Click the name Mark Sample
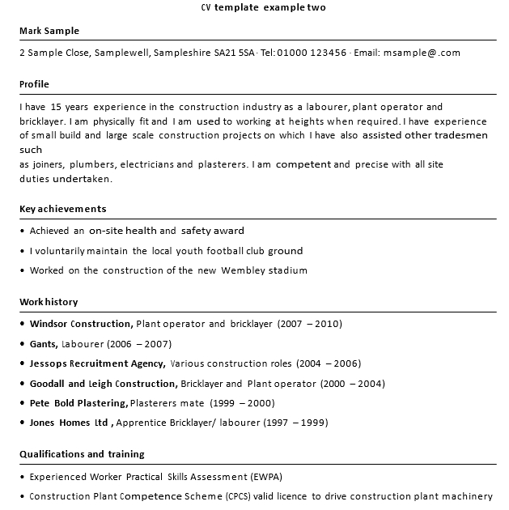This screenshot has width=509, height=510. click(x=49, y=32)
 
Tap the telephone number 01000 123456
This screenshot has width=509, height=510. click(x=311, y=53)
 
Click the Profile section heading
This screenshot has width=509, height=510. click(x=34, y=84)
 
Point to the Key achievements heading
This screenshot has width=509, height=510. click(x=62, y=209)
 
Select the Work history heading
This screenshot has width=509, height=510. click(x=49, y=302)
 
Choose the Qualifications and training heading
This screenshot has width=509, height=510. click(x=82, y=454)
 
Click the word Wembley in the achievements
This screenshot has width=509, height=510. click(x=244, y=270)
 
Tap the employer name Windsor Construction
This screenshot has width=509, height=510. click(x=81, y=324)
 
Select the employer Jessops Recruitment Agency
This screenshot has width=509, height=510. click(x=98, y=363)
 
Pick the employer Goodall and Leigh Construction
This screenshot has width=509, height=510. click(x=103, y=383)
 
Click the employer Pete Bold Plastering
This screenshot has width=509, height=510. click(x=78, y=402)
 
